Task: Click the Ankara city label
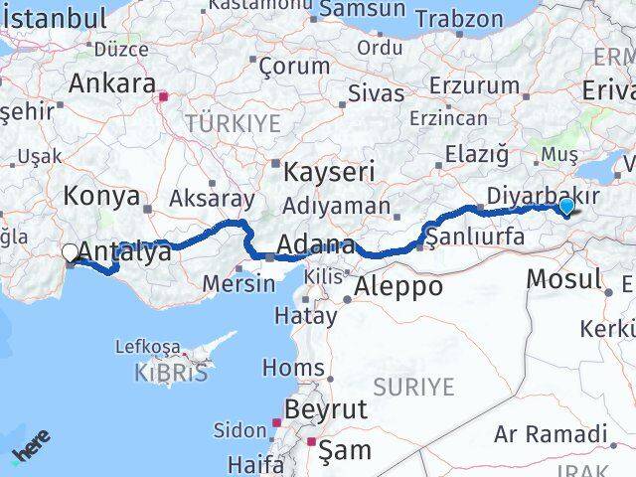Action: [x=112, y=83]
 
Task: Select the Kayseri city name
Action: [x=329, y=172]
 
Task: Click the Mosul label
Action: [x=563, y=278]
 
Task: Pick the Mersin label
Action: [x=238, y=283]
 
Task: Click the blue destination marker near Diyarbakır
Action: [x=565, y=206]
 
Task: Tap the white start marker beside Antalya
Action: [x=71, y=253]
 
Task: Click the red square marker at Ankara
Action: [x=166, y=97]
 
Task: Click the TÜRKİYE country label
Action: [x=232, y=124]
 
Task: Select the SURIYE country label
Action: [x=414, y=386]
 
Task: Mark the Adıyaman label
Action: [x=337, y=206]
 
